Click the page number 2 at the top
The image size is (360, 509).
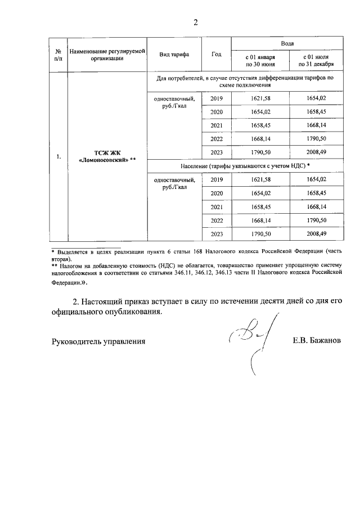click(x=196, y=22)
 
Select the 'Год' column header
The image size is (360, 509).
click(x=217, y=55)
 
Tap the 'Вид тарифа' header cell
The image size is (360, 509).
click(x=174, y=55)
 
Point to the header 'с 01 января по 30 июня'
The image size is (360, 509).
click(x=260, y=61)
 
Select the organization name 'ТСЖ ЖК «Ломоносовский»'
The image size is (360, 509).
click(x=107, y=156)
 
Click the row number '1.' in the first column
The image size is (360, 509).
click(x=58, y=157)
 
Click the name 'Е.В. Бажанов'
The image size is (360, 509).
click(x=317, y=341)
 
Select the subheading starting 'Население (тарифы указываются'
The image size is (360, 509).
click(x=245, y=167)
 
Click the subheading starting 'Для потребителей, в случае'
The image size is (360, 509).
click(x=245, y=82)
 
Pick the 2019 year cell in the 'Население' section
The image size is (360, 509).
click(x=217, y=179)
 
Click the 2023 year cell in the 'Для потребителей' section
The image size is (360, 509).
click(x=217, y=153)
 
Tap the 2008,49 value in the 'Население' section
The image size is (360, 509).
click(x=316, y=233)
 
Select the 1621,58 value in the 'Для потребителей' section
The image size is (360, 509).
click(x=260, y=99)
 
